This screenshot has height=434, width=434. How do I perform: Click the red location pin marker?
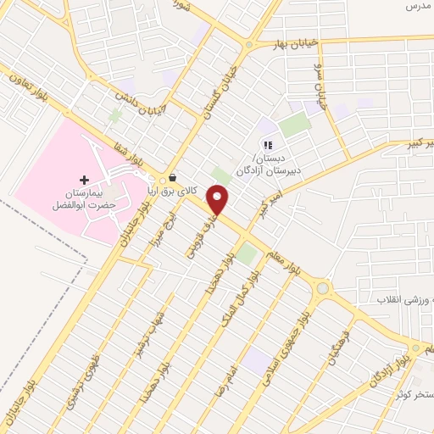point(219,200)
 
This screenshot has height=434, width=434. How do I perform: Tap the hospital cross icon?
point(84,180)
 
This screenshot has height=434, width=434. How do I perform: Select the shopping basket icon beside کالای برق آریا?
point(173,178)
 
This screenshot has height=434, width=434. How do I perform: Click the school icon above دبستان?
point(268,146)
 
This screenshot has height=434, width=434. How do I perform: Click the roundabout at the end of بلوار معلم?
point(321,289)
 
